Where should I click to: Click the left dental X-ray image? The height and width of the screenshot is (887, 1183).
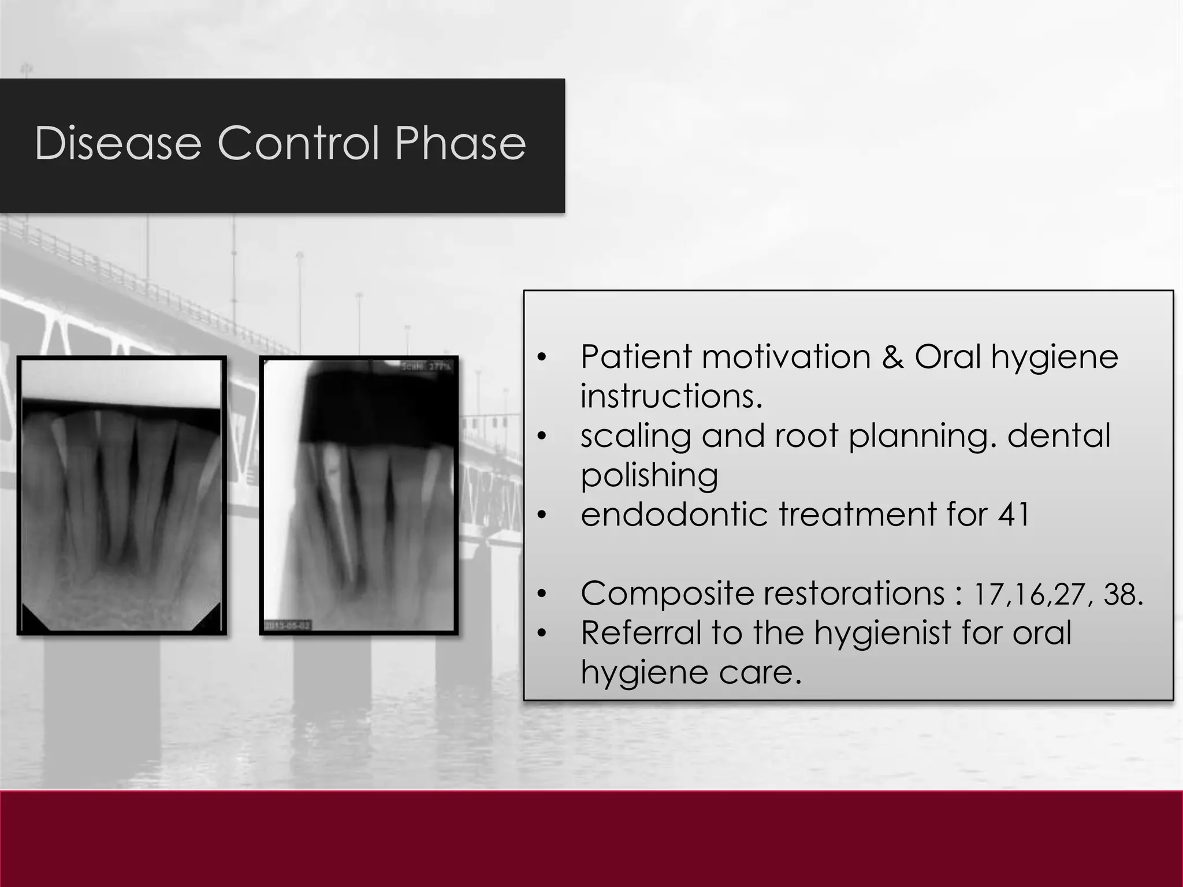coord(121,495)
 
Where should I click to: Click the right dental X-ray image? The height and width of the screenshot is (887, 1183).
coord(359,495)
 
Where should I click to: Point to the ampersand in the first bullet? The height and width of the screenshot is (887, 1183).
coord(892,356)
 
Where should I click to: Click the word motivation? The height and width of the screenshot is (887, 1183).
coord(786,356)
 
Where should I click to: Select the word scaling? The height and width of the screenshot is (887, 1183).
coord(635,436)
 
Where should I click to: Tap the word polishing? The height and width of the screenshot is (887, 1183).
coord(649,476)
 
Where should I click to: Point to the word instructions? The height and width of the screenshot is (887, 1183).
coord(671,396)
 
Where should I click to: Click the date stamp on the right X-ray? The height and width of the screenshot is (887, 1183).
coord(288,625)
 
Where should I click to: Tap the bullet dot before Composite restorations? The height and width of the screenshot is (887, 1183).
coord(541,594)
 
